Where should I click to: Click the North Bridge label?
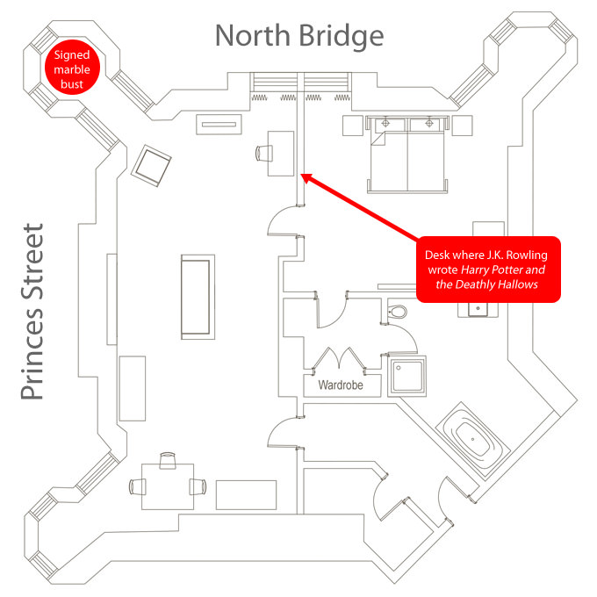click(x=299, y=36)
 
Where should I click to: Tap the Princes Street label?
click(x=33, y=313)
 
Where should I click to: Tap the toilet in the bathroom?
click(x=398, y=311)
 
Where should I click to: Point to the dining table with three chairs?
click(x=167, y=485)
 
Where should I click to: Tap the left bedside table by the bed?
click(x=352, y=126)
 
